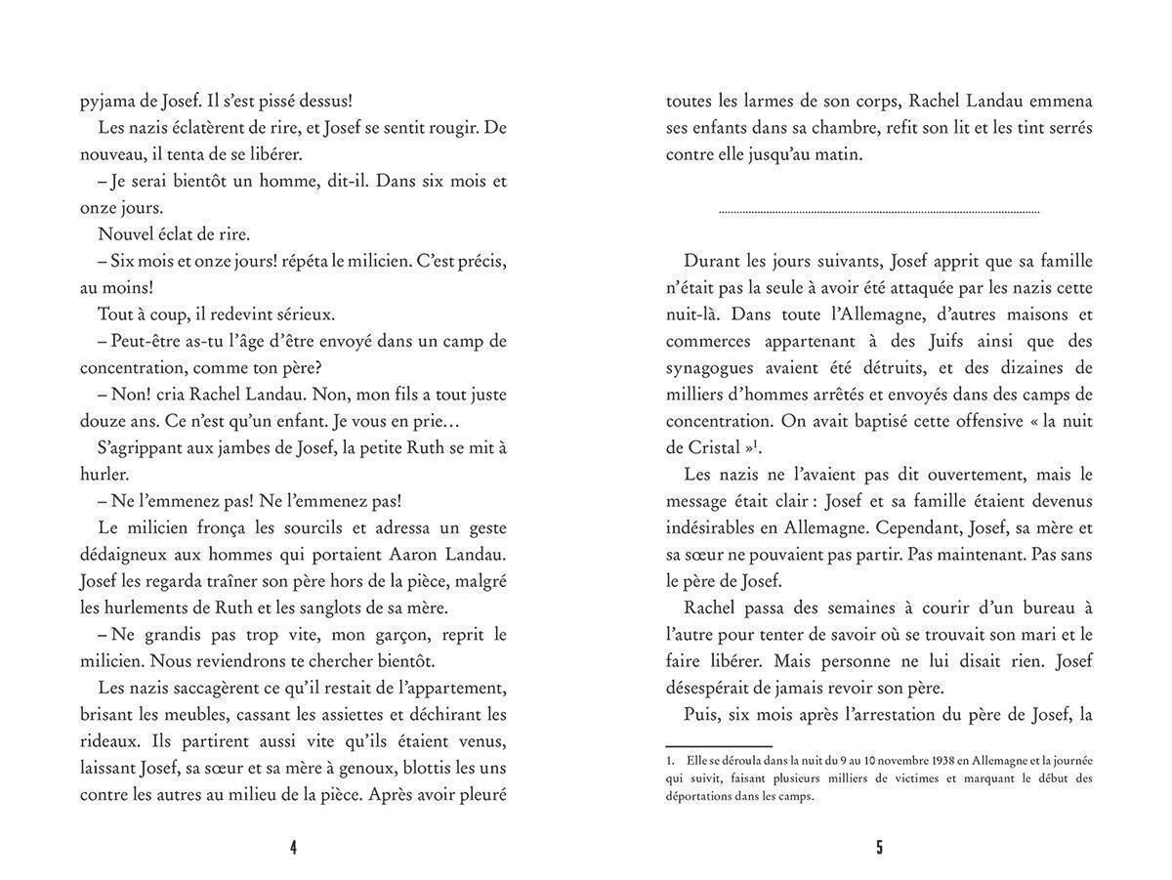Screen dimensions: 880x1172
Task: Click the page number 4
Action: (293, 848)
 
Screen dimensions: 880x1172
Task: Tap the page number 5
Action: (879, 848)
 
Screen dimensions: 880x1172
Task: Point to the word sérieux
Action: (300, 314)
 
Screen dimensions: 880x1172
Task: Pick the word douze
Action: (103, 421)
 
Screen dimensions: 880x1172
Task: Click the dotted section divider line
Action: (879, 211)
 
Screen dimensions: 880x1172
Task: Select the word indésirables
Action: (718, 527)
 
